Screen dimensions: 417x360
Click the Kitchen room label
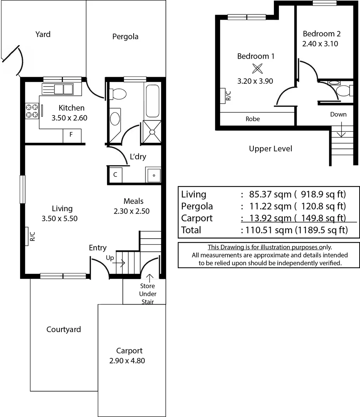point(71,108)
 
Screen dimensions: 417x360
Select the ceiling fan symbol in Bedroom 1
point(257,69)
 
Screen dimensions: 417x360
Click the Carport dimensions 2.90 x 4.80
point(127,361)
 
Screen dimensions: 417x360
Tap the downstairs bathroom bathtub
point(152,100)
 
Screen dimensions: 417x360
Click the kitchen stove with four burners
point(32,111)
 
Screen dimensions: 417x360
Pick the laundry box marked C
point(115,175)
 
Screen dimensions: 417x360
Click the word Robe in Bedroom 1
point(253,119)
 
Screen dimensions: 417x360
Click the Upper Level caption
point(270,149)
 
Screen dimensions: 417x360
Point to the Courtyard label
point(64,329)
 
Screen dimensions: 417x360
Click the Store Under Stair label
point(148,294)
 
